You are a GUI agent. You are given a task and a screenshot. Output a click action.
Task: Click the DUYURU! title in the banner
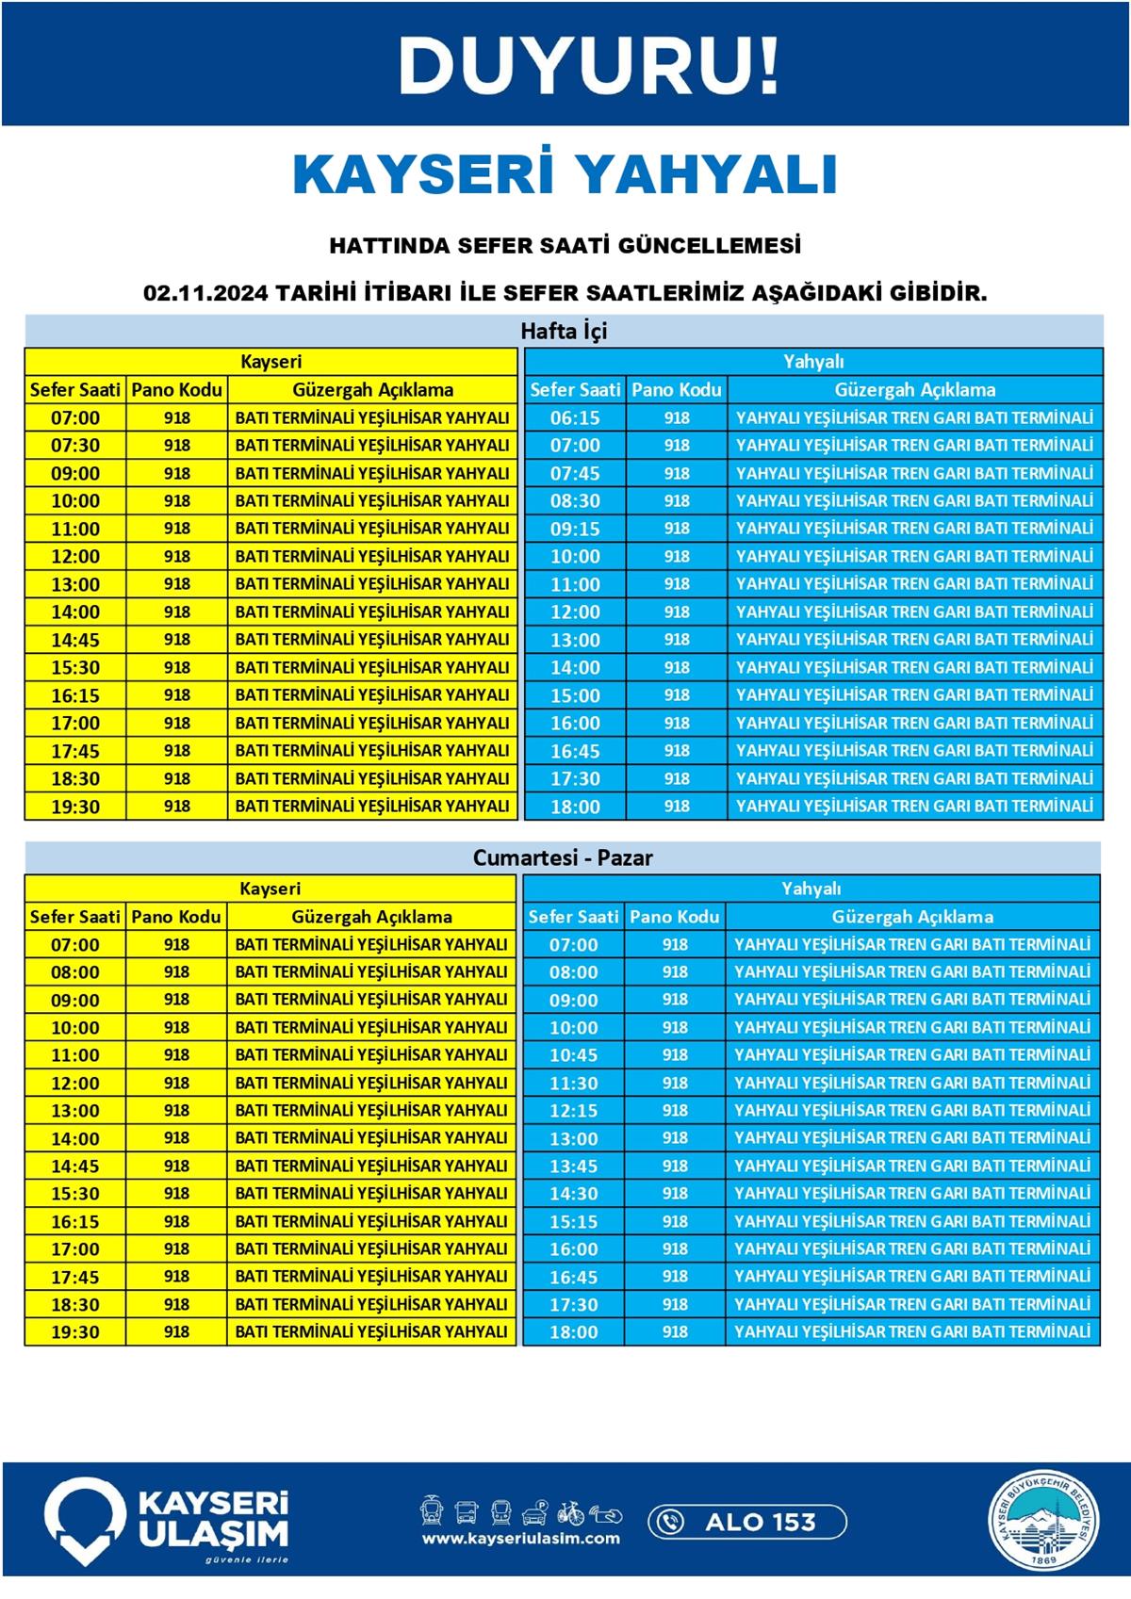(x=589, y=65)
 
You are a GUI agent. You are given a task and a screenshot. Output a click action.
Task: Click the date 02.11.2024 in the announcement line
(x=206, y=293)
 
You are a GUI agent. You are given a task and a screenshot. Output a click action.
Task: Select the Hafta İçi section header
(x=564, y=331)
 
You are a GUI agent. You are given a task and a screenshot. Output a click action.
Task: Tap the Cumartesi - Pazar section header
(x=564, y=857)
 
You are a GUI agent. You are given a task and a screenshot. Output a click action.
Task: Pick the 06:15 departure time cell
(x=575, y=417)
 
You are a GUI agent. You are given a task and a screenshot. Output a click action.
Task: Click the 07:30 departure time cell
(x=75, y=445)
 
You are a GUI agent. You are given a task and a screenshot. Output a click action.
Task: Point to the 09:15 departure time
(x=575, y=529)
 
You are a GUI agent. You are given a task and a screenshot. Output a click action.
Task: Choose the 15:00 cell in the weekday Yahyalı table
(x=575, y=695)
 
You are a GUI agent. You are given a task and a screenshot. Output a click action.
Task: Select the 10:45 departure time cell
(x=573, y=1054)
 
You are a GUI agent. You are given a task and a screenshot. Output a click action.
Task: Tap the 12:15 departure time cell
(x=573, y=1110)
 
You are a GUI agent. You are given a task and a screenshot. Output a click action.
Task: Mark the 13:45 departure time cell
(x=573, y=1166)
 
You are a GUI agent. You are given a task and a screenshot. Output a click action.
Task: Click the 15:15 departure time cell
(x=573, y=1221)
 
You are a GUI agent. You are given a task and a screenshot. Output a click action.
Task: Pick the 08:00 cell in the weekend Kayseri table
(x=75, y=971)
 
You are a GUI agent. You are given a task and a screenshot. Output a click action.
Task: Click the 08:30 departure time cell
(x=575, y=500)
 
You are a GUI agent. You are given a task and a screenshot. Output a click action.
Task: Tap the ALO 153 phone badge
(x=746, y=1521)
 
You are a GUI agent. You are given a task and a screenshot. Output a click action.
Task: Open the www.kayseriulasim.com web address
(x=521, y=1539)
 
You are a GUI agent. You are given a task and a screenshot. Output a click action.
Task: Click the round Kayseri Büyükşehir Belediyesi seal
(x=1043, y=1521)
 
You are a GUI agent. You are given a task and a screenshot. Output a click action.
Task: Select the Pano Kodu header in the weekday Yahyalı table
(x=677, y=389)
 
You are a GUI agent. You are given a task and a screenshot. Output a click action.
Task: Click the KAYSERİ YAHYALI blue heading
(x=565, y=173)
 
